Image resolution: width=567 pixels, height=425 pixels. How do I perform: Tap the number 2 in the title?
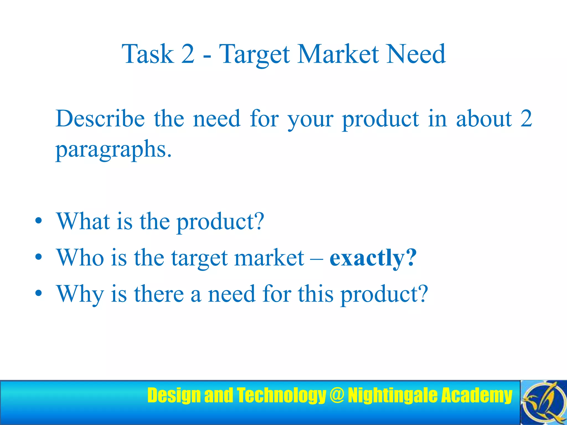[188, 54]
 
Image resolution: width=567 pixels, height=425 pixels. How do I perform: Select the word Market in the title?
[338, 54]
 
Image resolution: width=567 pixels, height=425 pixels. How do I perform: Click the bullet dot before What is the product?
[38, 221]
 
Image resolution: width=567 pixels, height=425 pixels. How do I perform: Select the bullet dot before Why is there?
[38, 293]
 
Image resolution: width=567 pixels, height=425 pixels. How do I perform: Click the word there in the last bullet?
[159, 294]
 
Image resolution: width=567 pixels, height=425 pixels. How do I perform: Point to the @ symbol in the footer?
[337, 395]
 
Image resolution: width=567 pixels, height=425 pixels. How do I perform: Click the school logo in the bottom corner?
[543, 402]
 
